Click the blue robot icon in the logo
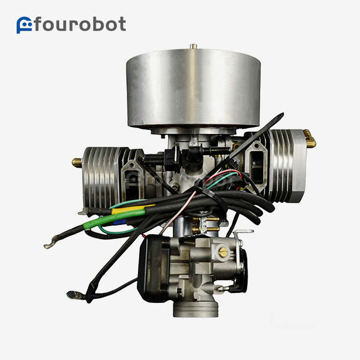(x=24, y=25)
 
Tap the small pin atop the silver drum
(x=193, y=46)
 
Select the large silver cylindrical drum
(x=193, y=89)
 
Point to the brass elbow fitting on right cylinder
(x=310, y=138)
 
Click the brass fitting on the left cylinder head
(x=77, y=163)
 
